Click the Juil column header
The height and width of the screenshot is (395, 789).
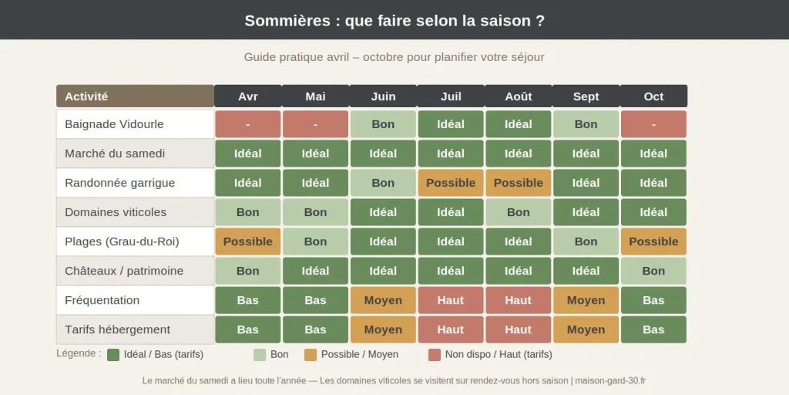[451, 96]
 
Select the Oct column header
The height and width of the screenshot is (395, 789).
[653, 96]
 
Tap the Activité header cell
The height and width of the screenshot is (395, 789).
[135, 96]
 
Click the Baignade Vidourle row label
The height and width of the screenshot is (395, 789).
[135, 124]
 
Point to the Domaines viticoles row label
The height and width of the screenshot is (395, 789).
[135, 212]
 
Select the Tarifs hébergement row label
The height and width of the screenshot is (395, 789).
[135, 329]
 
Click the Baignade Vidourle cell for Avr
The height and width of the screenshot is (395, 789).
[248, 124]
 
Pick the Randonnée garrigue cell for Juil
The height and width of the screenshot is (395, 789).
[451, 183]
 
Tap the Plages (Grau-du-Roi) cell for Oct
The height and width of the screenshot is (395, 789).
[653, 241]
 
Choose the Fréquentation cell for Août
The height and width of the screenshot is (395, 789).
[519, 300]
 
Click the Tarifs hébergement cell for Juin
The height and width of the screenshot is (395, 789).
[383, 329]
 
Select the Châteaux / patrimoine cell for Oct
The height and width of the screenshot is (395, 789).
[653, 271]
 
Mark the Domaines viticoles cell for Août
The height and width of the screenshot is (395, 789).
[519, 212]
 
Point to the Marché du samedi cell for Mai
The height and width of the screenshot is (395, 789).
[315, 154]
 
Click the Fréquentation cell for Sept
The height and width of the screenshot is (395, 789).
[586, 300]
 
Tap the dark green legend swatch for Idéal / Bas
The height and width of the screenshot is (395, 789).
[113, 355]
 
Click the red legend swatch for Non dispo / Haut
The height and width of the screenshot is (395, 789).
[435, 355]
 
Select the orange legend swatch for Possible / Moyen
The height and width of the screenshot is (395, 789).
[311, 355]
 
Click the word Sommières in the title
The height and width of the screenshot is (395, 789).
[287, 21]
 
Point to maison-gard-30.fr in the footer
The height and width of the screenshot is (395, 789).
[611, 380]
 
